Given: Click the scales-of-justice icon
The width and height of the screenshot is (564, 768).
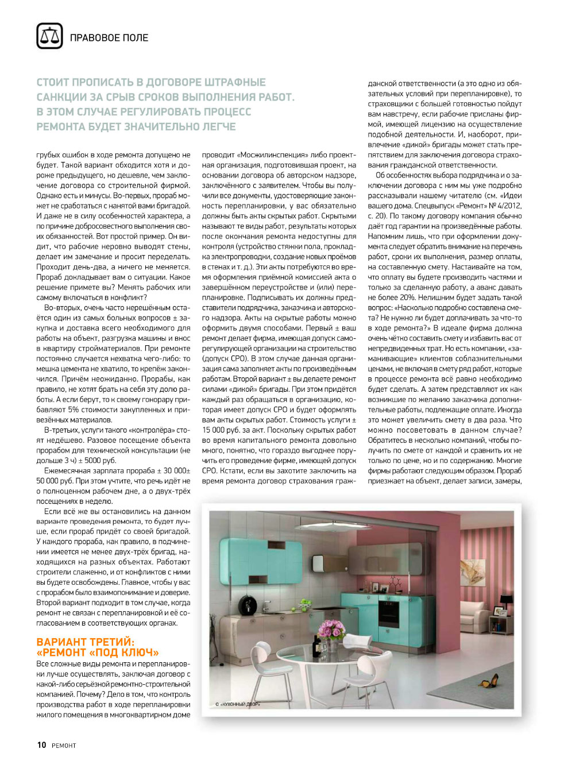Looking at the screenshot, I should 49,36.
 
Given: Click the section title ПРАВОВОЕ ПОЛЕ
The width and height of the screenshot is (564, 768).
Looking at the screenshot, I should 109,38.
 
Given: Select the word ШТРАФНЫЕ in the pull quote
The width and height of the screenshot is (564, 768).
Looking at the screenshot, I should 235,82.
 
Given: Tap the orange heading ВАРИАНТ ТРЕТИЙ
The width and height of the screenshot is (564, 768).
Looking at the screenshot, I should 85,642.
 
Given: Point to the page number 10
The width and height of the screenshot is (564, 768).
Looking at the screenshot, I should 41,745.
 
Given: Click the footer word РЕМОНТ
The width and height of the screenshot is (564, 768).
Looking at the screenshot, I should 64,746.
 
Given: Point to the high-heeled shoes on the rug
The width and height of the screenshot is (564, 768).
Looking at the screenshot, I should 489,682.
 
